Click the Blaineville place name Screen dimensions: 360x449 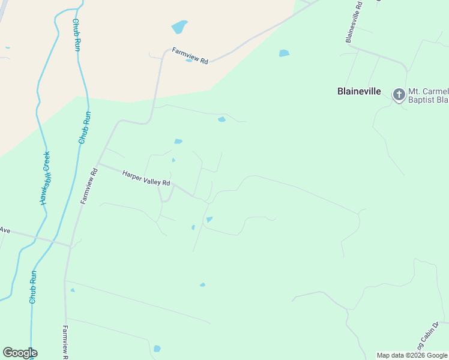(359, 91)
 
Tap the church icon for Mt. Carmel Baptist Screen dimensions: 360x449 (399, 94)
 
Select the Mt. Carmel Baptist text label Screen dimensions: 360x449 (428, 95)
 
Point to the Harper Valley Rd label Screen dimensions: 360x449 (146, 178)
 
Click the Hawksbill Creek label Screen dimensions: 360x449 (46, 178)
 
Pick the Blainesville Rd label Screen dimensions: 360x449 (353, 22)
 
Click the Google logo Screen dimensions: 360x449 (20, 353)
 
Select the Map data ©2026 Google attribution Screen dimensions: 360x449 (412, 355)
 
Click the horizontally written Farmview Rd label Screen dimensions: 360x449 (190, 56)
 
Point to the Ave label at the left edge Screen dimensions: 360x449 (5, 230)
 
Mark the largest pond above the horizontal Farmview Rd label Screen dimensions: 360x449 (179, 27)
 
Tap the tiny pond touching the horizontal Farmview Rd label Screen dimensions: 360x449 (189, 61)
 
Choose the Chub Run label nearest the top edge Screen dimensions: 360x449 (76, 35)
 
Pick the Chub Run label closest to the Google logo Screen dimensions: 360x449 (33, 287)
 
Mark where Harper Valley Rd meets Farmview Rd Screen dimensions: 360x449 (98, 164)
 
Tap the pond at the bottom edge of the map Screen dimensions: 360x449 (157, 349)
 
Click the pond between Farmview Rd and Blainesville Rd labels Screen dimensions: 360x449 (284, 53)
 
